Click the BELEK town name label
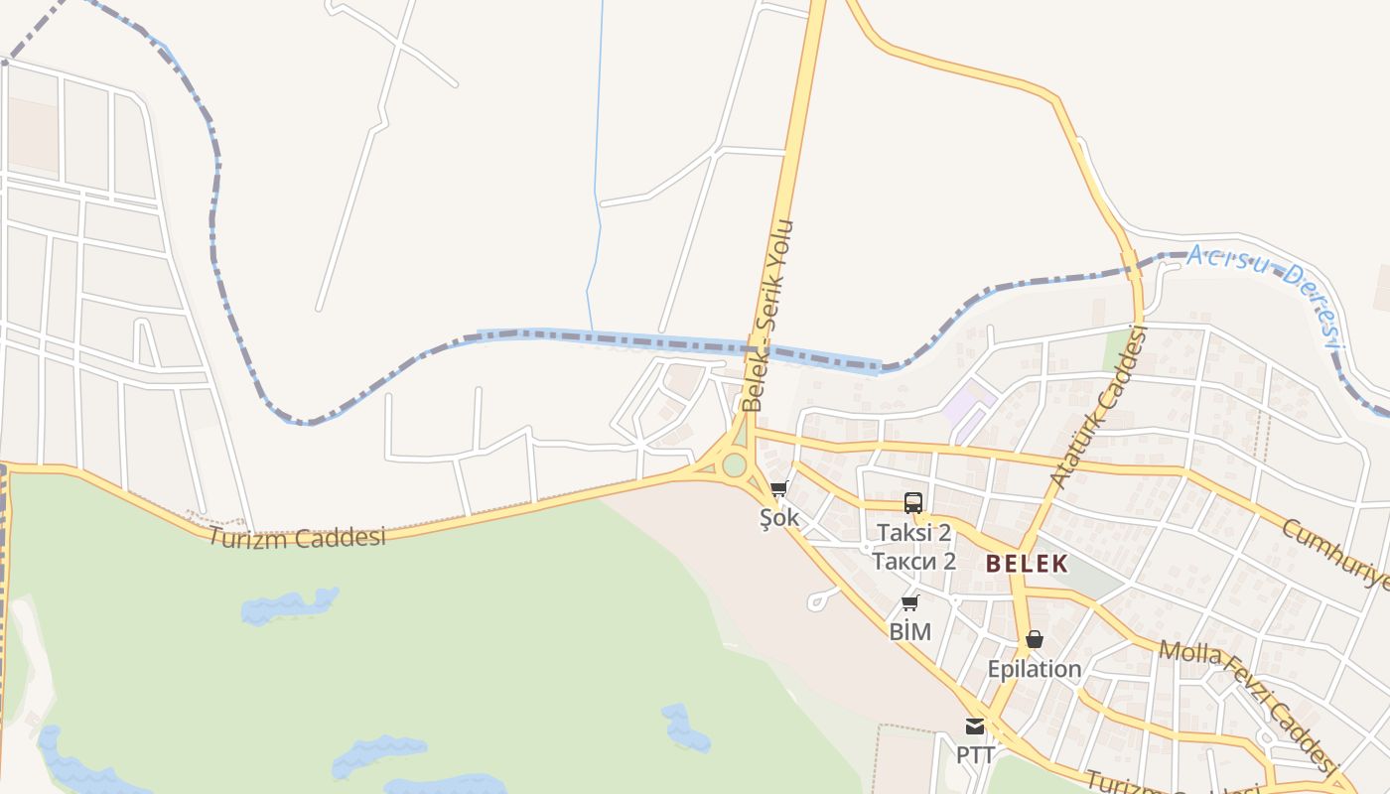[1027, 564]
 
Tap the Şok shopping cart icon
[779, 488]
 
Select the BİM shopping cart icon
[909, 602]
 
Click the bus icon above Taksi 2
[913, 503]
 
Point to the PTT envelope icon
[975, 727]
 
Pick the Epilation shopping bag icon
[1034, 639]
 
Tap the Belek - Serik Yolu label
[768, 316]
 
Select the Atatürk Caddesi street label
[1098, 408]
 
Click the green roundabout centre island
[734, 464]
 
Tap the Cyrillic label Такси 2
[913, 561]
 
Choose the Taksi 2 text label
[913, 533]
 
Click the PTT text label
[975, 754]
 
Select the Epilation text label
[1034, 669]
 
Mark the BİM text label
[909, 631]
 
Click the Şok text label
[779, 518]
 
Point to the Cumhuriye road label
[1335, 553]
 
